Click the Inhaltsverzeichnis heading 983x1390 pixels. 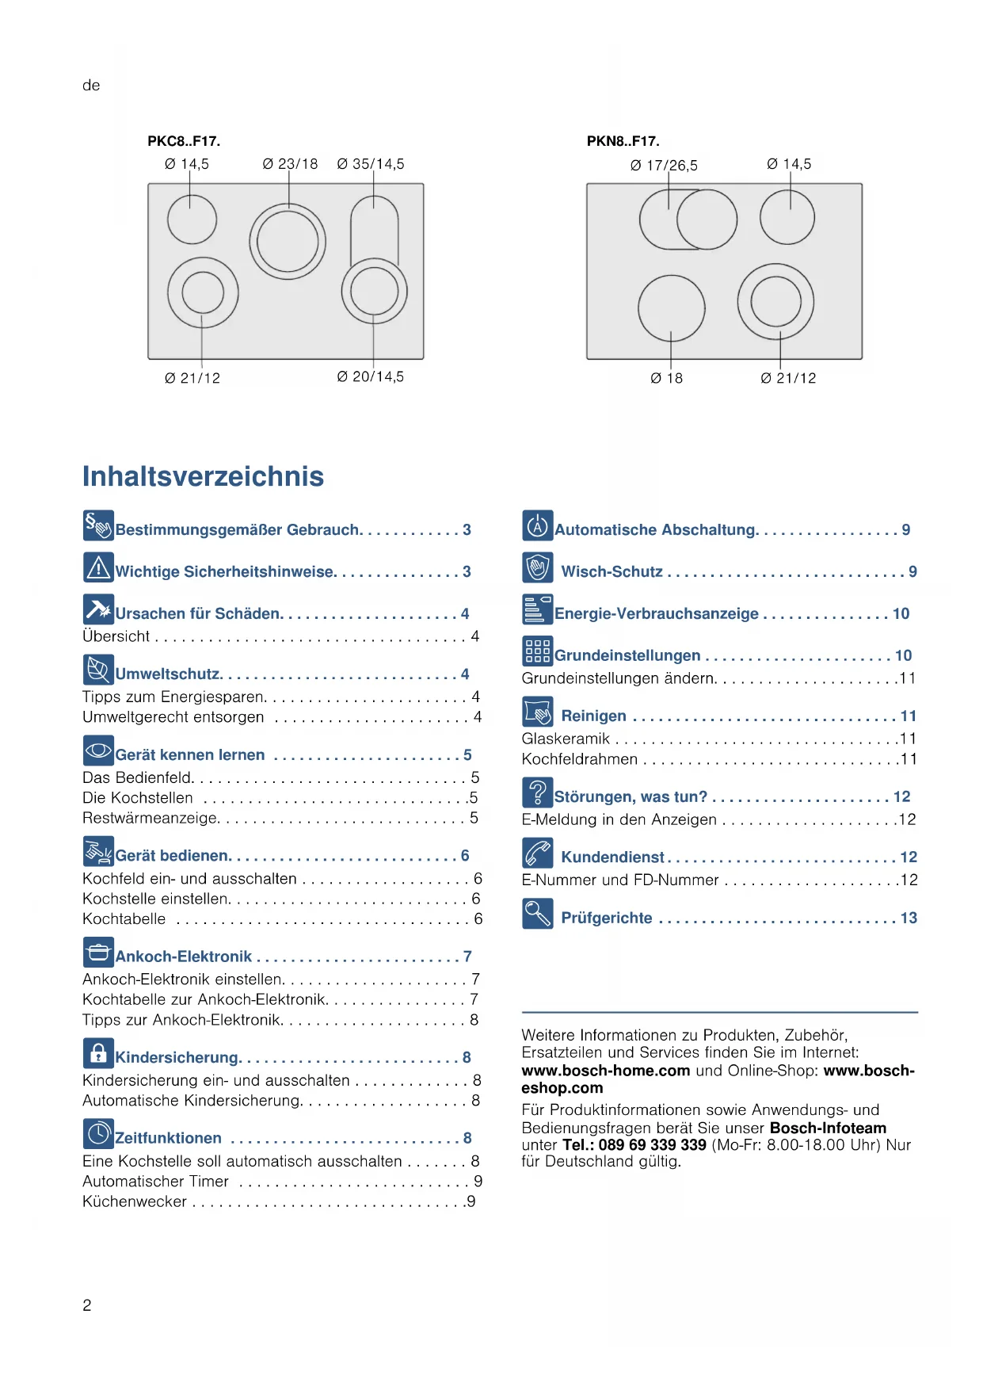click(203, 476)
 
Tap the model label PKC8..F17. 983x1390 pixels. click(184, 141)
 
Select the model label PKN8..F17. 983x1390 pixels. click(623, 141)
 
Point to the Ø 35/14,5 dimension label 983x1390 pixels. click(371, 164)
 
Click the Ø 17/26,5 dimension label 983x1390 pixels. click(664, 166)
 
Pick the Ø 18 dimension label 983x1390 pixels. click(666, 378)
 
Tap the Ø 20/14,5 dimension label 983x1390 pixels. click(371, 376)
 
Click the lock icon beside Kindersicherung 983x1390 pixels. click(98, 1053)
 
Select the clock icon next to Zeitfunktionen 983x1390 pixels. click(98, 1134)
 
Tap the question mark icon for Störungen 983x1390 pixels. click(537, 792)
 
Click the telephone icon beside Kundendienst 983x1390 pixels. click(537, 853)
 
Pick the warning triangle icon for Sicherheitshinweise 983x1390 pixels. click(98, 567)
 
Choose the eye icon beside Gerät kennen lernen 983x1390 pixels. click(98, 750)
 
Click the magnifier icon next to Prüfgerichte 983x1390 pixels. click(537, 914)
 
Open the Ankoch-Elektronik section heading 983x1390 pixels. click(184, 957)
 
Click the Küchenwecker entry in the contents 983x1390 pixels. click(135, 1201)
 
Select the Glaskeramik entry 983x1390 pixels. click(566, 739)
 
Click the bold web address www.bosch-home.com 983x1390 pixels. click(605, 1071)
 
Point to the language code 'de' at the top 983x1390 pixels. click(91, 86)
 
